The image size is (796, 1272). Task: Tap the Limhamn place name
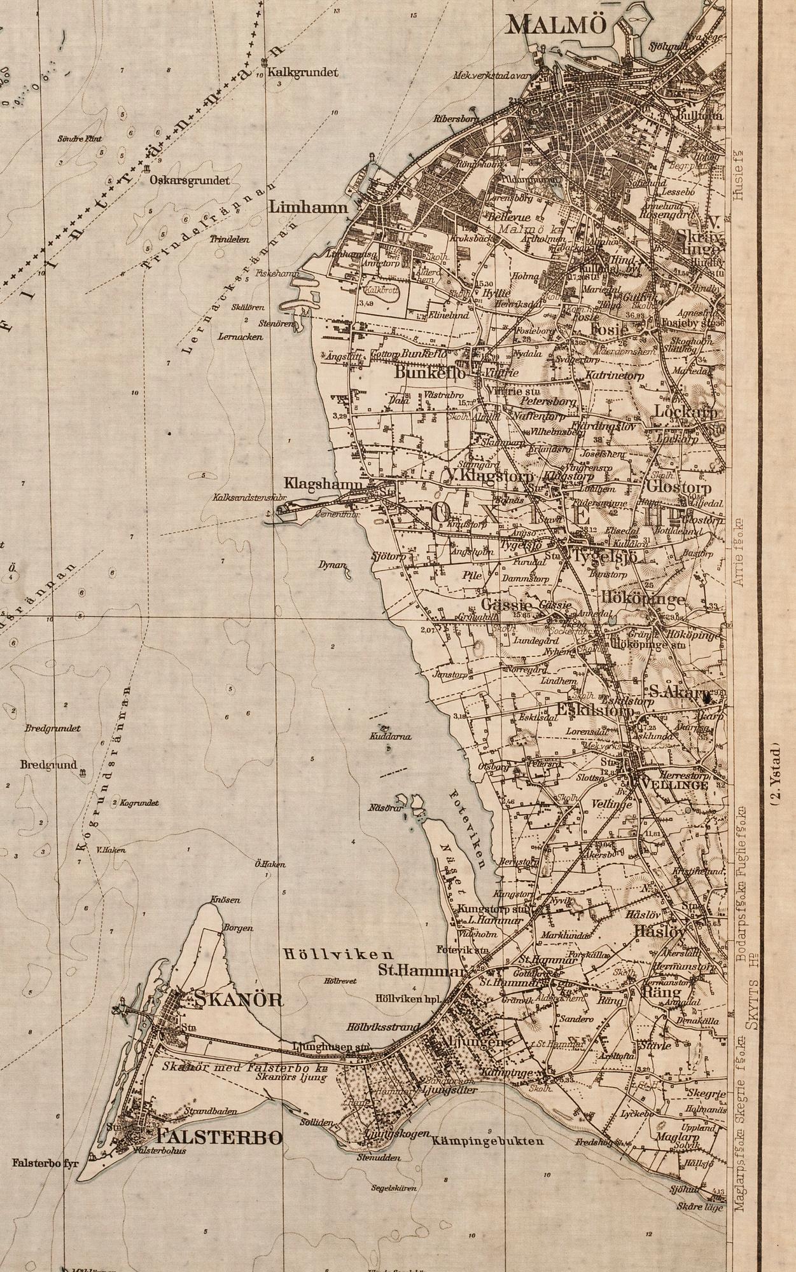pyautogui.click(x=309, y=207)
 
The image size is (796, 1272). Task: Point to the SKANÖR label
pyautogui.click(x=240, y=999)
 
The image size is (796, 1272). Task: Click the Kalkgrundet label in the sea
pyautogui.click(x=303, y=73)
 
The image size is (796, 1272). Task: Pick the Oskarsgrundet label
pyautogui.click(x=190, y=180)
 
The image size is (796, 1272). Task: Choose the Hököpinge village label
pyautogui.click(x=643, y=599)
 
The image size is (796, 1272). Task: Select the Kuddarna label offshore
pyautogui.click(x=390, y=736)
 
